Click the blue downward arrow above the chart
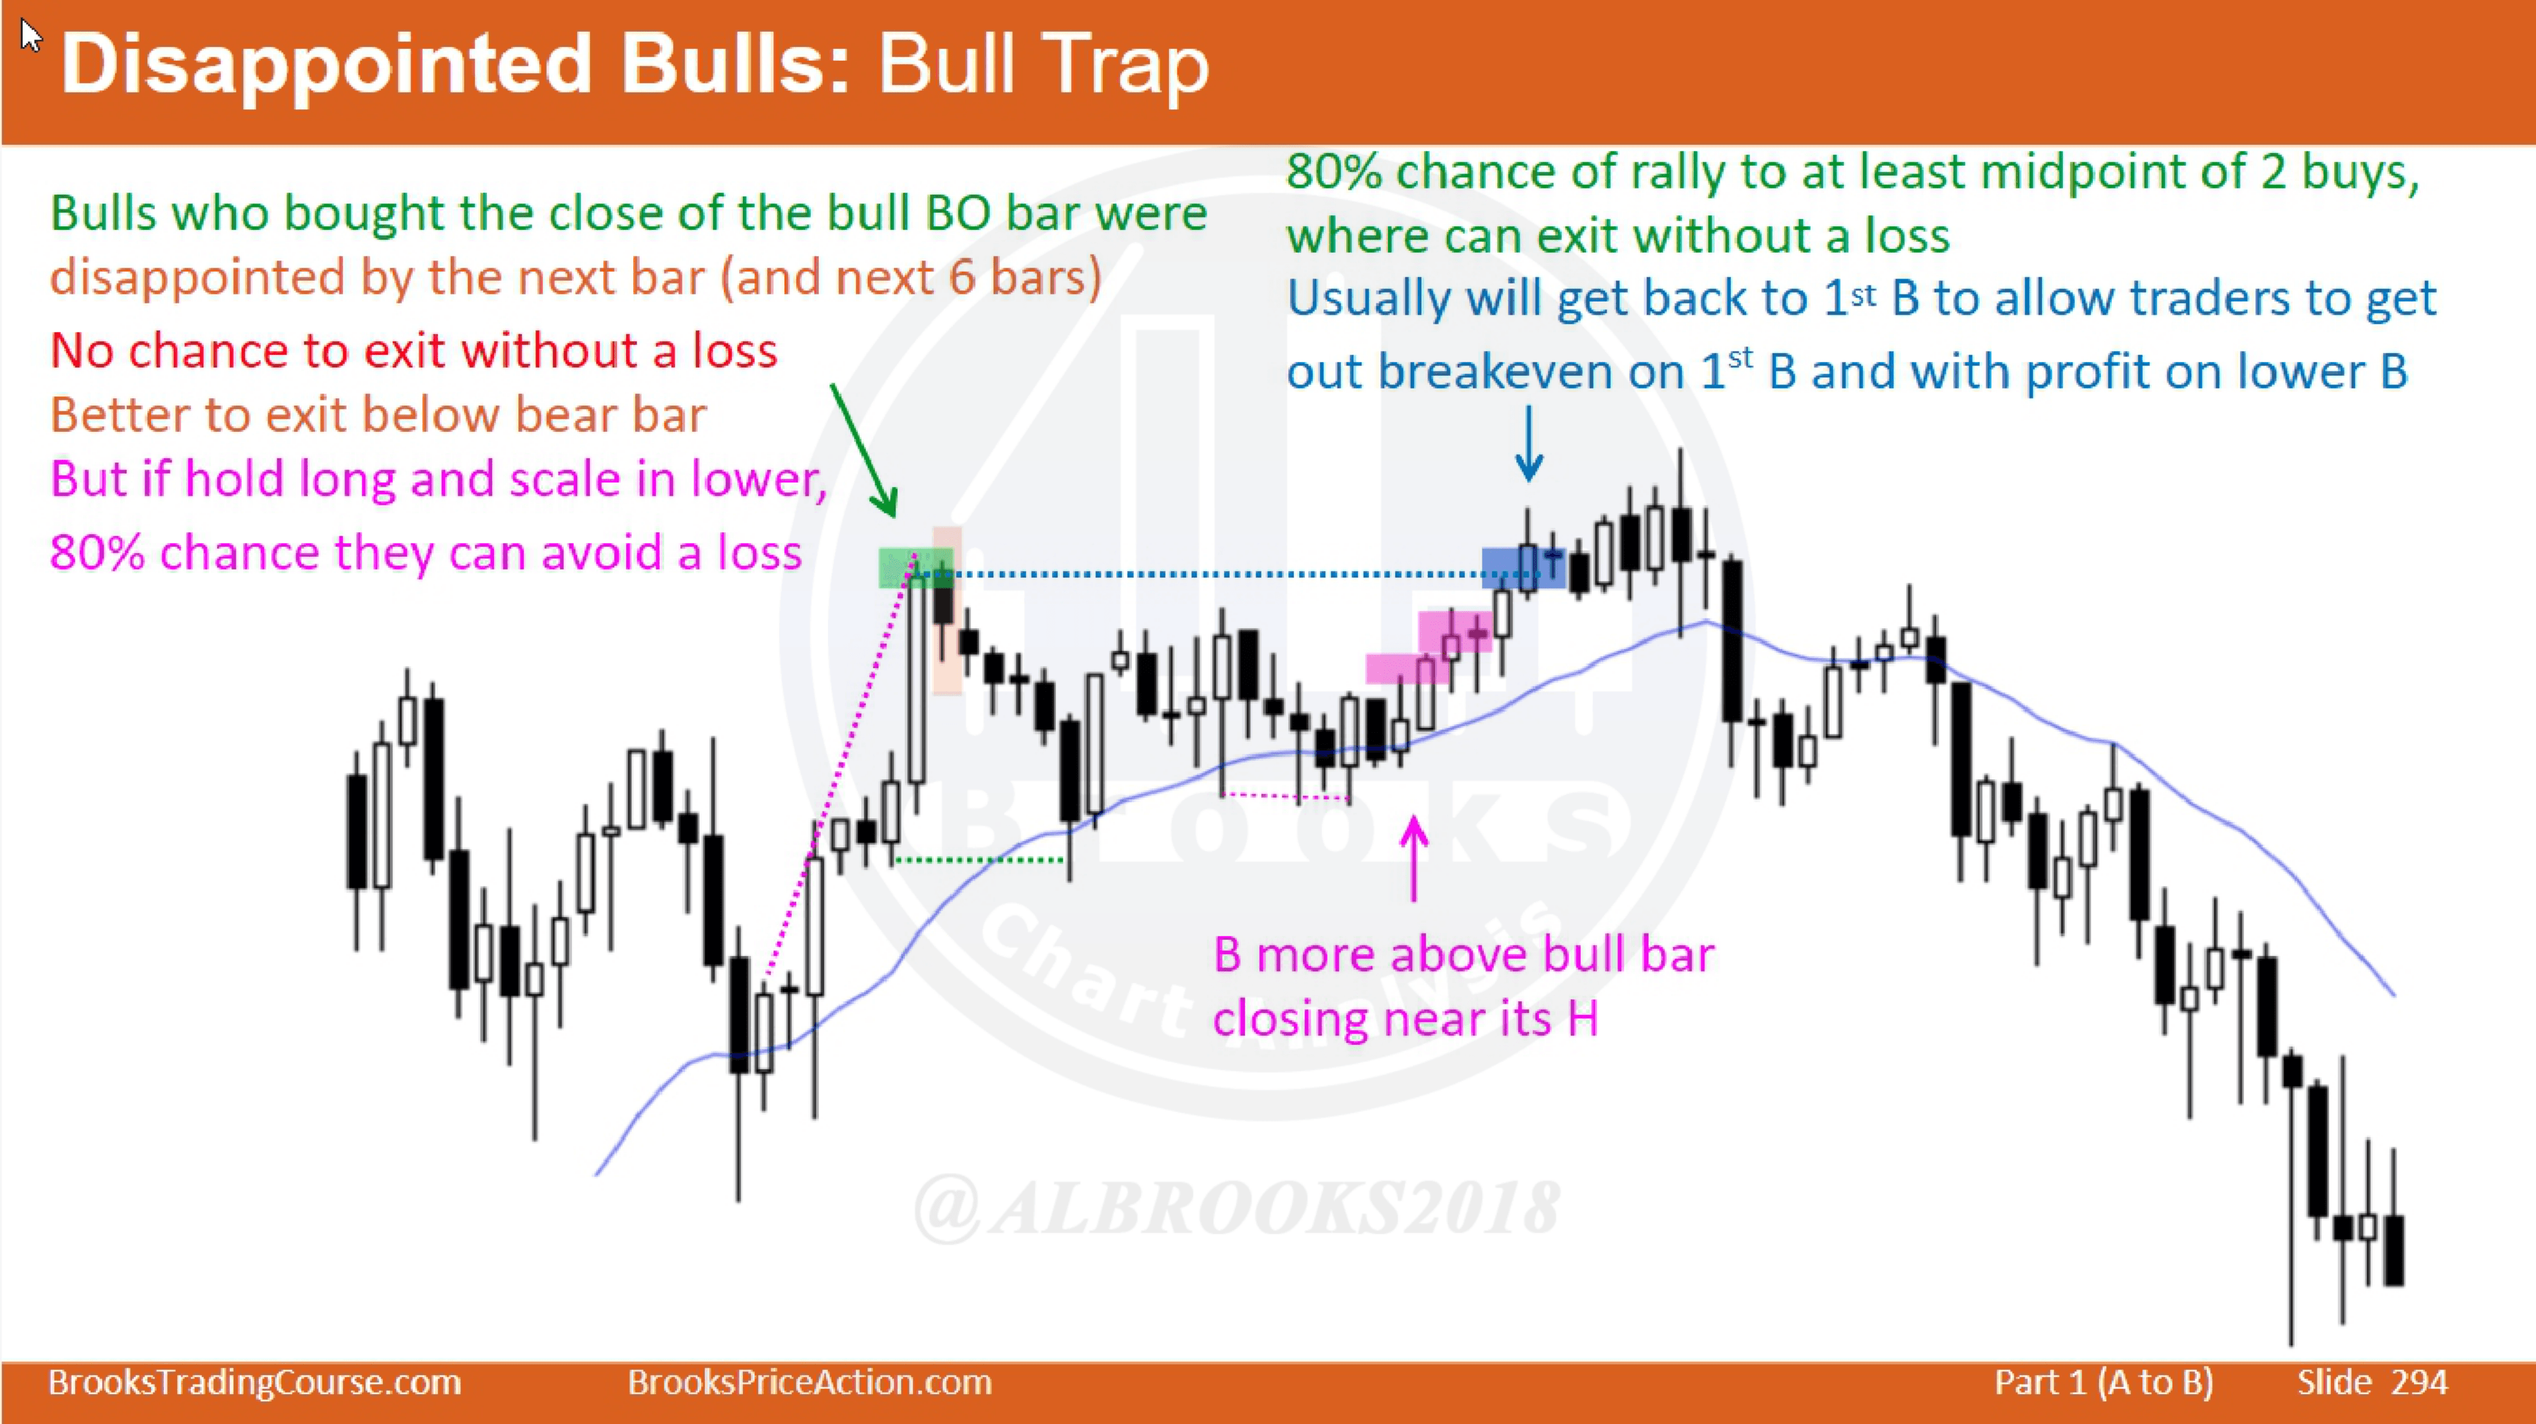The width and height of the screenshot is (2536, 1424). pyautogui.click(x=1528, y=444)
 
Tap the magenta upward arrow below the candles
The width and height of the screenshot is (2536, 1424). pyautogui.click(x=1414, y=858)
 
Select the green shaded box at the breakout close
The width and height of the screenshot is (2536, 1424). pyautogui.click(x=915, y=568)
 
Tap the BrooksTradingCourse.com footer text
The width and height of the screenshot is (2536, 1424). pyautogui.click(x=255, y=1382)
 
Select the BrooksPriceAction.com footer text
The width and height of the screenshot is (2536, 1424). pyautogui.click(x=809, y=1382)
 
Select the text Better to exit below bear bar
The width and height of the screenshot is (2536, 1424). pyautogui.click(x=378, y=414)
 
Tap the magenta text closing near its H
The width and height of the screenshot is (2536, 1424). pyautogui.click(x=1405, y=1017)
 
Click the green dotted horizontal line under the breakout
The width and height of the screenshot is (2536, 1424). pyautogui.click(x=979, y=860)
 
